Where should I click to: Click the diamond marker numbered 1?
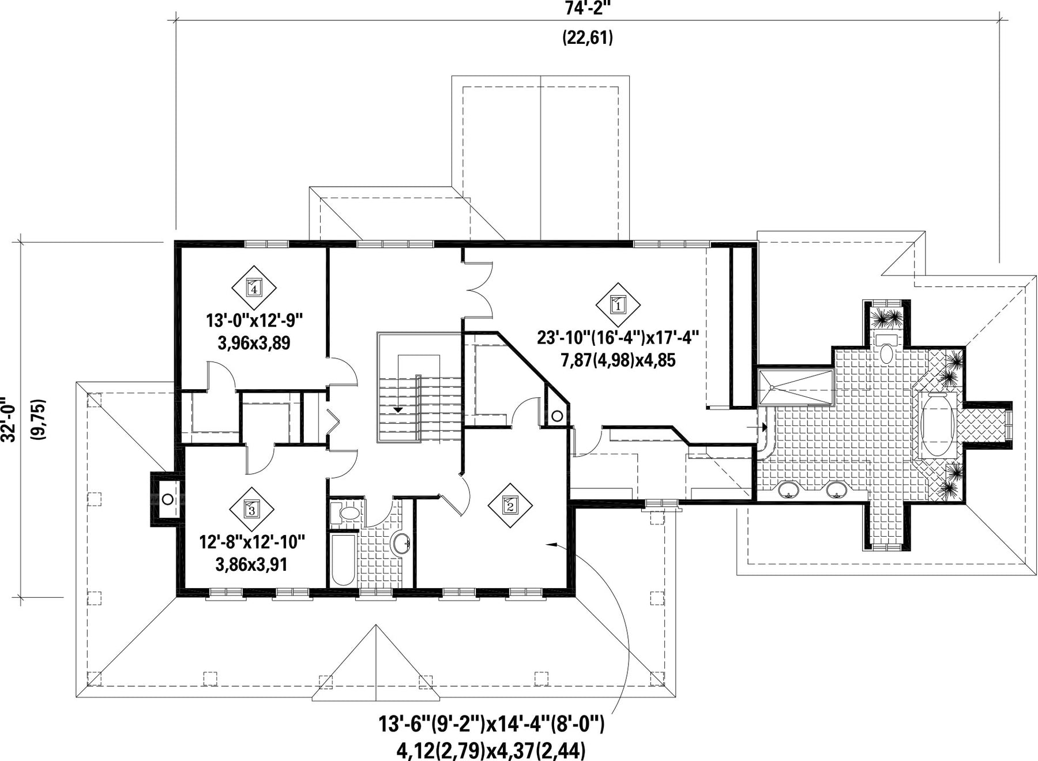click(618, 306)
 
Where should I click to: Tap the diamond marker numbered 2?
click(510, 506)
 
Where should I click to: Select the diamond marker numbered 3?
click(251, 509)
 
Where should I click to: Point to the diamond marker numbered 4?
click(254, 287)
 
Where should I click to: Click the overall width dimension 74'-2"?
click(587, 7)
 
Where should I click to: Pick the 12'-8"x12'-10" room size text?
click(252, 542)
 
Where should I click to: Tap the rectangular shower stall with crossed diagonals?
click(795, 389)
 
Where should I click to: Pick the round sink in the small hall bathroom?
click(400, 543)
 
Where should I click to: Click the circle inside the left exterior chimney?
click(167, 499)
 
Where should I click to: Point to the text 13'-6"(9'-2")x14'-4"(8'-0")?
click(491, 724)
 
